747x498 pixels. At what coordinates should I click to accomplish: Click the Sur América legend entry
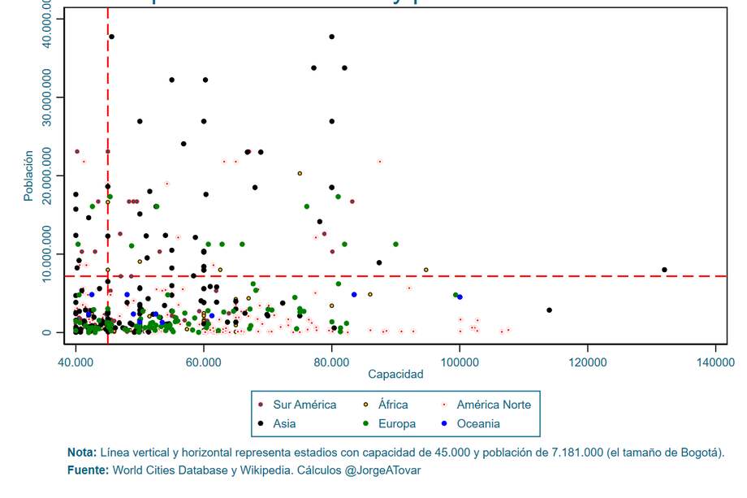(304, 405)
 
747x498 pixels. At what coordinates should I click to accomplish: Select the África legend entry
(393, 405)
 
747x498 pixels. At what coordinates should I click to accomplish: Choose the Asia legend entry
(284, 423)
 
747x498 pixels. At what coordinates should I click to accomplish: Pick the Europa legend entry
(396, 423)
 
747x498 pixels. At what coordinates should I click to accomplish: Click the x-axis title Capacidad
(395, 375)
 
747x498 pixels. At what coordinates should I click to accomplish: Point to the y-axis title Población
(29, 175)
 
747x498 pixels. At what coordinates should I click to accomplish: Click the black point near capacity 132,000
(664, 270)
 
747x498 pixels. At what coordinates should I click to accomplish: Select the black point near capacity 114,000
(549, 310)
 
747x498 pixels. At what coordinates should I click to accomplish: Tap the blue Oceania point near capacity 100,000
(460, 297)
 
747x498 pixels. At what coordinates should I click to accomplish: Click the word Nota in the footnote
(81, 453)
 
